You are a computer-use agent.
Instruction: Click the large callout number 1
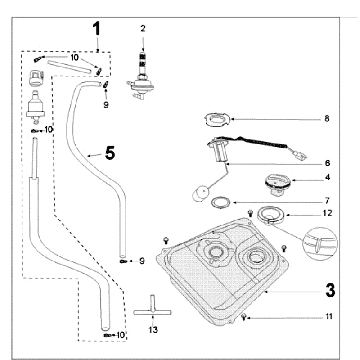point(96,29)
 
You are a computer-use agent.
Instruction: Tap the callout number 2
point(143,28)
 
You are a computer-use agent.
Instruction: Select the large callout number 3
point(330,290)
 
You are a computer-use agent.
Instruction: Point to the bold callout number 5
point(110,153)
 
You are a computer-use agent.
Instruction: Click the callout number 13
point(153,330)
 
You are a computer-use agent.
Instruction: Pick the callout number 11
point(329,316)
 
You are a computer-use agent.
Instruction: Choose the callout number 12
point(328,213)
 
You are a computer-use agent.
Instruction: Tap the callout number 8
point(327,118)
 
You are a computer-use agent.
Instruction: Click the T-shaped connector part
point(152,308)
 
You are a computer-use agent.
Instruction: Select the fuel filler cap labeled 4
point(278,185)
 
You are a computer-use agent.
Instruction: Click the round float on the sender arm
point(200,194)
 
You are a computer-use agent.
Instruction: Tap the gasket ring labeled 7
point(221,202)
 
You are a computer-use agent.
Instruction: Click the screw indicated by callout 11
point(244,317)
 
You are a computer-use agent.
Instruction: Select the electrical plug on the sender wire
point(301,155)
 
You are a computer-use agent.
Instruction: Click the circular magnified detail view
point(320,244)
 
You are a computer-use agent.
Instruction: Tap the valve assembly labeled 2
point(140,76)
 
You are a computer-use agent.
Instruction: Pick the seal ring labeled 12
point(270,215)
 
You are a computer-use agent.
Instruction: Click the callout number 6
point(327,163)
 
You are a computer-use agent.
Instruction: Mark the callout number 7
point(327,201)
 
